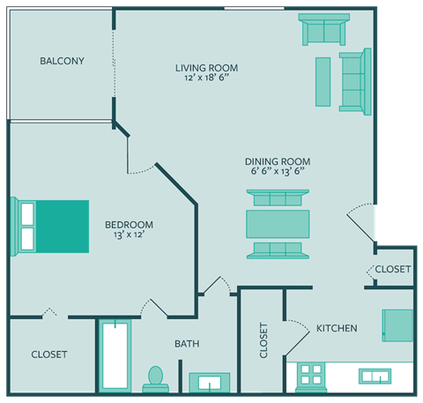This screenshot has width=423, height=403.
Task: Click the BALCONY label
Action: click(x=62, y=61)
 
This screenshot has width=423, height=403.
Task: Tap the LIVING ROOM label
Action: click(x=206, y=68)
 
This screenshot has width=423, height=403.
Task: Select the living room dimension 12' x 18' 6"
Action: click(x=206, y=78)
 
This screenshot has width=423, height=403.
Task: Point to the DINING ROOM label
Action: click(x=278, y=161)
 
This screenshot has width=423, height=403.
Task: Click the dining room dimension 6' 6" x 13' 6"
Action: click(x=278, y=172)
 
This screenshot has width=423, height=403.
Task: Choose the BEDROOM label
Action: click(x=129, y=224)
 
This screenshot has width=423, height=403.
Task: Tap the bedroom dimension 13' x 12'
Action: click(x=129, y=235)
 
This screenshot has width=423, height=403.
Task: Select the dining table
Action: click(x=278, y=224)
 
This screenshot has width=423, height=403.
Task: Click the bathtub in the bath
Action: click(x=115, y=357)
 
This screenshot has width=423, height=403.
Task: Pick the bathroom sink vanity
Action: click(x=209, y=382)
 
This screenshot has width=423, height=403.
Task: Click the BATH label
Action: click(x=187, y=344)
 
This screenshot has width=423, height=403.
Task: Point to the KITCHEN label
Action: click(x=337, y=328)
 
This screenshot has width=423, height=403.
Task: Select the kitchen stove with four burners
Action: click(x=310, y=375)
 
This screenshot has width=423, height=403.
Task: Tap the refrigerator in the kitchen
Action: click(x=397, y=325)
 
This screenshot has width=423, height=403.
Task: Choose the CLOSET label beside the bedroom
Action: click(x=48, y=354)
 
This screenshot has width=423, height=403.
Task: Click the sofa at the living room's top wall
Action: click(x=323, y=31)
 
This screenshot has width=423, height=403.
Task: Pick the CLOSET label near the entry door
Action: click(x=393, y=269)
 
